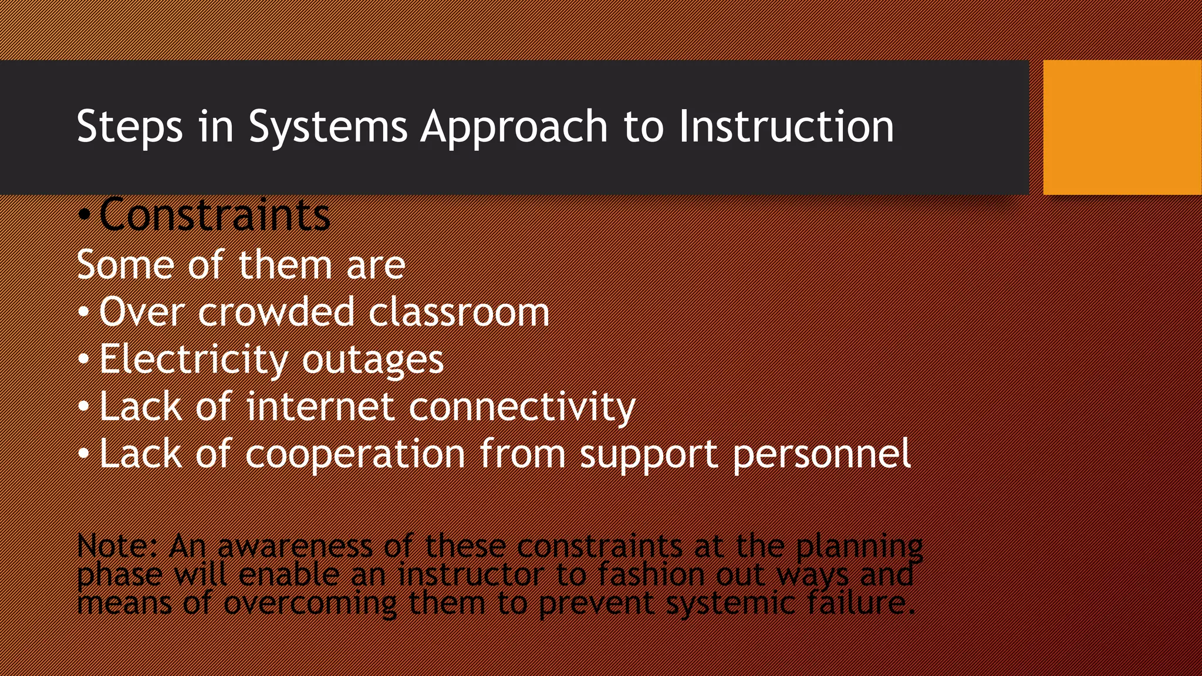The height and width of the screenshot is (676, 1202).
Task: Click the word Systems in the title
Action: click(327, 127)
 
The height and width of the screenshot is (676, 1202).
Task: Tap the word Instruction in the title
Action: click(786, 126)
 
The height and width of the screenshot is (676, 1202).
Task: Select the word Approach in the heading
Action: click(514, 127)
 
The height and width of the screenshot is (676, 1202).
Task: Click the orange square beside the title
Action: click(1122, 127)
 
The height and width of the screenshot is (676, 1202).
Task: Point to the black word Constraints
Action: click(214, 215)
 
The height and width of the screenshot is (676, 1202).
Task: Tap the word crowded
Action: click(276, 312)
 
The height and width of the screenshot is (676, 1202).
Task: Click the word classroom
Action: click(459, 312)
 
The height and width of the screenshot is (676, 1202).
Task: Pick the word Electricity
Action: click(193, 359)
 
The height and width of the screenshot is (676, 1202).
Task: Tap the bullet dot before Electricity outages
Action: click(84, 359)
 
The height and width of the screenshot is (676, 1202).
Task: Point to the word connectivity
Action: click(522, 407)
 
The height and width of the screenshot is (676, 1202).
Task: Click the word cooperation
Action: click(355, 454)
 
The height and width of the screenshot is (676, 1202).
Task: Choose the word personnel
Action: click(822, 454)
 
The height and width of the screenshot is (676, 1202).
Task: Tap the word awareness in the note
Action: click(295, 546)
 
